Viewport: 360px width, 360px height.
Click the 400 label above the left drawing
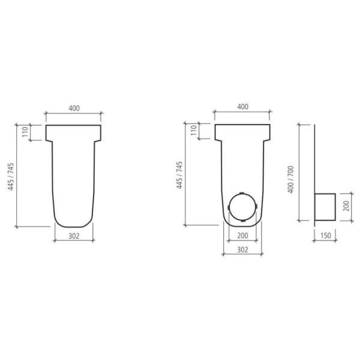[x=74, y=108]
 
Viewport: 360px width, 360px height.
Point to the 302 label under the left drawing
[x=74, y=236]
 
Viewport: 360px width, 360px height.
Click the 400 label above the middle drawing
[x=243, y=107]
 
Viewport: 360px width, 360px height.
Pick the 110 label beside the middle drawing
[x=194, y=131]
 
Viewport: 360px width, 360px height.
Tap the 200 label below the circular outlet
[x=243, y=235]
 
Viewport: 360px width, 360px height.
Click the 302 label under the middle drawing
[x=243, y=249]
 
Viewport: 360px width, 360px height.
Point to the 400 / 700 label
[x=290, y=178]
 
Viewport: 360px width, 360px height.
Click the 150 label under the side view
[x=325, y=236]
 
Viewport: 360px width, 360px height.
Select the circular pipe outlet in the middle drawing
[x=243, y=208]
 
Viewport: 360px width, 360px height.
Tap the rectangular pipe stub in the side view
[x=325, y=207]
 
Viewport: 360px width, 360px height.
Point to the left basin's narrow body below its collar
[x=74, y=180]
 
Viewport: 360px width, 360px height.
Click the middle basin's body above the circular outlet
[x=243, y=165]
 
